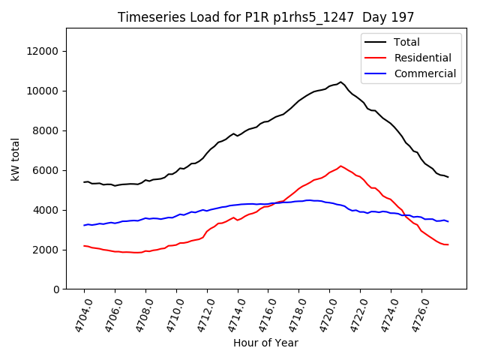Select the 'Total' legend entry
point(407,42)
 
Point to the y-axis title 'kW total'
point(16,159)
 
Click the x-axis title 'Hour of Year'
point(265,343)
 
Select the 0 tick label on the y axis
point(57,289)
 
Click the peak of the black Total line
point(340,82)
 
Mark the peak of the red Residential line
point(340,166)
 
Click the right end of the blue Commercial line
point(448,221)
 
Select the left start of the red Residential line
point(84,246)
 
